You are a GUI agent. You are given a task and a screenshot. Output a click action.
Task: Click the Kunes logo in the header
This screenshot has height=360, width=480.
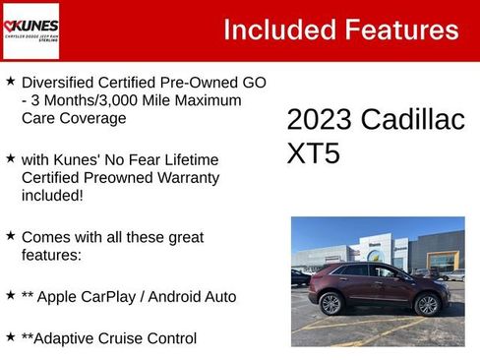click(31, 30)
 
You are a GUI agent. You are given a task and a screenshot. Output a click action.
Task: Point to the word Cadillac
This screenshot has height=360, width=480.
click(413, 120)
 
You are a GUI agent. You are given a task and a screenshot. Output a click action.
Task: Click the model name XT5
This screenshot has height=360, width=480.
click(313, 154)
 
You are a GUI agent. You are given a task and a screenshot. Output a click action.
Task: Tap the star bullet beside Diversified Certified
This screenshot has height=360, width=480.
click(10, 81)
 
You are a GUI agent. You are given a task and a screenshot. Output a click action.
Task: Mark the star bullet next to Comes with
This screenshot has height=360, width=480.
click(10, 236)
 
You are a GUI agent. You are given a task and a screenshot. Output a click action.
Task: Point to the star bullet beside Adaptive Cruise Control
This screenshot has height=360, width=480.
click(10, 336)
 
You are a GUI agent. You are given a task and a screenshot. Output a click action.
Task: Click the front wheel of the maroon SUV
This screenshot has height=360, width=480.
click(427, 304)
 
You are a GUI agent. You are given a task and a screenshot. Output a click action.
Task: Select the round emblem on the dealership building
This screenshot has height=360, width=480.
click(375, 256)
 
